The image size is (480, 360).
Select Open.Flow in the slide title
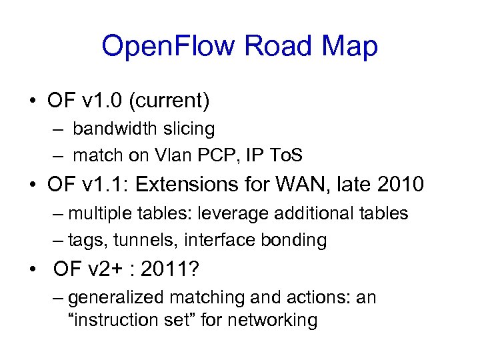[x=168, y=46]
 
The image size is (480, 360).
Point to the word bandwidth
[x=114, y=128]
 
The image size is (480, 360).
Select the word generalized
[x=120, y=297]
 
